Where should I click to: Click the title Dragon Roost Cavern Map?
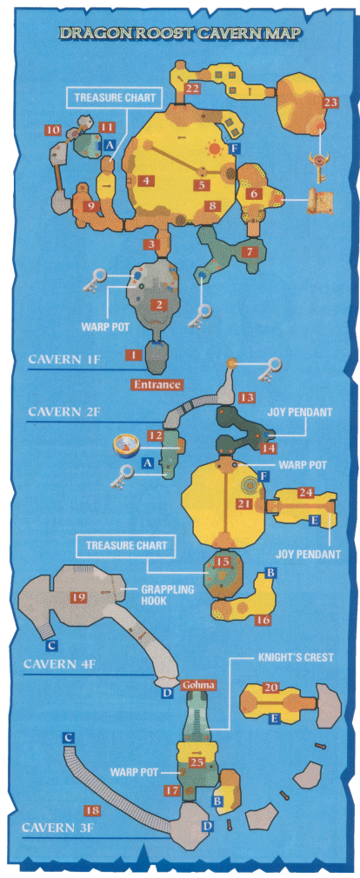[180, 33]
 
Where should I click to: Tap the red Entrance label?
[157, 385]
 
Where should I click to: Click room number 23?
[331, 103]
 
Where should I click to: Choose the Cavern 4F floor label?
[62, 664]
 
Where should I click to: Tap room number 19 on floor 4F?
[78, 597]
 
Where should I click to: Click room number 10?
[53, 130]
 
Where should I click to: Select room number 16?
[263, 619]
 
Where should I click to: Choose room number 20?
[271, 688]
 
